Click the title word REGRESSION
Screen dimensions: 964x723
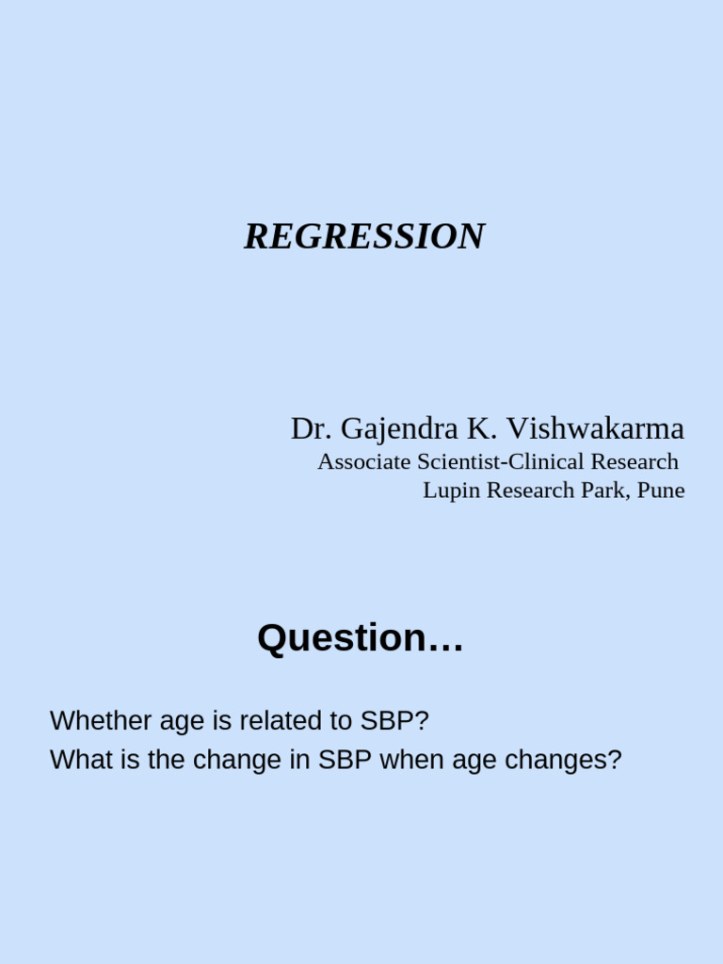[x=364, y=236]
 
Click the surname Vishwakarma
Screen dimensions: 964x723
[x=596, y=429]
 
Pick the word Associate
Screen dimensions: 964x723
[x=364, y=462]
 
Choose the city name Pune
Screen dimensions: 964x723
[x=661, y=490]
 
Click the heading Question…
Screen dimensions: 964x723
[x=361, y=638]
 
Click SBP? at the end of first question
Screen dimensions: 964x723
[x=394, y=721]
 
